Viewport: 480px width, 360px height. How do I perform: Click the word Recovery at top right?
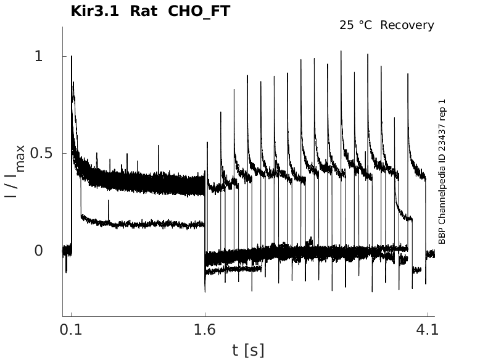(407, 25)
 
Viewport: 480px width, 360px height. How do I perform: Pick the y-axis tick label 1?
(38, 56)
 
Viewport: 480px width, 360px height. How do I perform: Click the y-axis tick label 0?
(38, 251)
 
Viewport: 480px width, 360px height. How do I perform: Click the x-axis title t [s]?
(248, 350)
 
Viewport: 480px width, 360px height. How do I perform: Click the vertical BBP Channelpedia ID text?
(442, 172)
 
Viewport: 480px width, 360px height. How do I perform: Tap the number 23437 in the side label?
(442, 135)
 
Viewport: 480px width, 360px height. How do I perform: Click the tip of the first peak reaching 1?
(72, 56)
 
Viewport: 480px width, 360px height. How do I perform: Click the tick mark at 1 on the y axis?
(64, 56)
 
